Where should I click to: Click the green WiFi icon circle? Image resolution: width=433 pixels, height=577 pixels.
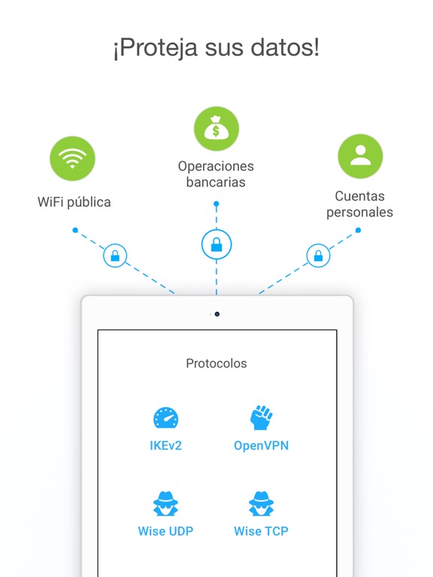[x=72, y=159]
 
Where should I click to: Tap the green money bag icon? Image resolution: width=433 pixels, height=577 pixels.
[x=216, y=128]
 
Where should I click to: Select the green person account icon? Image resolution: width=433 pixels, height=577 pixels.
[x=361, y=156]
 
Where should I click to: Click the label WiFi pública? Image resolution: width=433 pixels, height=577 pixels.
[x=74, y=202]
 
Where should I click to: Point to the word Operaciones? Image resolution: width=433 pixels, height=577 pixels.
[x=216, y=166]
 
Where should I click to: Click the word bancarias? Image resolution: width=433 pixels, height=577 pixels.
[x=216, y=182]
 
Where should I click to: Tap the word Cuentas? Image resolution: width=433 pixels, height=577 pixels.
[x=360, y=196]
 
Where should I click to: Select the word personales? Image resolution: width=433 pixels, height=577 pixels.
[x=360, y=213]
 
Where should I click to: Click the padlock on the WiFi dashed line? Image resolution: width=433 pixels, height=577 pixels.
[x=115, y=255]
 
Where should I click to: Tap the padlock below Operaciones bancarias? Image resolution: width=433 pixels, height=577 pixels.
[x=216, y=244]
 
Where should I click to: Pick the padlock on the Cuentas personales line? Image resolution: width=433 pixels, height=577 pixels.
[x=318, y=255]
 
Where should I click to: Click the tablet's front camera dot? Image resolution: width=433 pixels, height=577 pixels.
[x=217, y=314]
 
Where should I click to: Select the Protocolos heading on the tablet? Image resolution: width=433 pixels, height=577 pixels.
[x=216, y=364]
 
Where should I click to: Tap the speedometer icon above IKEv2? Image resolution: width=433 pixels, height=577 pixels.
[x=165, y=418]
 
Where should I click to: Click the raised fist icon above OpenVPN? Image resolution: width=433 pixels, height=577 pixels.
[x=261, y=418]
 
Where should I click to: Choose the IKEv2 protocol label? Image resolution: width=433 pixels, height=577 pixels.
[x=165, y=446]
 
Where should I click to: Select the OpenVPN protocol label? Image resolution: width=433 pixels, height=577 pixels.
[x=262, y=446]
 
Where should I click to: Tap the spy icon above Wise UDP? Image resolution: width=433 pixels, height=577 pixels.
[x=165, y=503]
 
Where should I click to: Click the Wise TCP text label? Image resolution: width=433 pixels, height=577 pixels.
[x=261, y=531]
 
